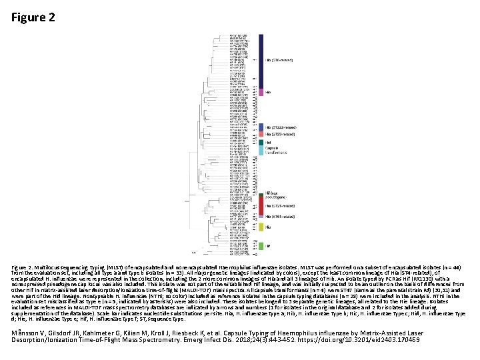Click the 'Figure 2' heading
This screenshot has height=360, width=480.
click(x=33, y=17)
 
